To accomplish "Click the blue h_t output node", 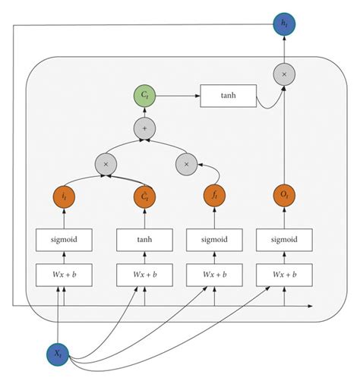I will pyautogui.click(x=285, y=25).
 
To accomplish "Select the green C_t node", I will pyautogui.click(x=144, y=97).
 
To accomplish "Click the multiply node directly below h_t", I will pyautogui.click(x=285, y=74).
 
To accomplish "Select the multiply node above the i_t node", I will pyautogui.click(x=106, y=162).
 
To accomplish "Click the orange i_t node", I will pyautogui.click(x=64, y=197).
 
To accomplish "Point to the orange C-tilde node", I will pyautogui.click(x=144, y=197).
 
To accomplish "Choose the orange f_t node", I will pyautogui.click(x=215, y=197).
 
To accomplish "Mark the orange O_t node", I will pyautogui.click(x=285, y=197).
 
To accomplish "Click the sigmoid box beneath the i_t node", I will pyautogui.click(x=64, y=241).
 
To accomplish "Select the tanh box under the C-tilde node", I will pyautogui.click(x=144, y=241).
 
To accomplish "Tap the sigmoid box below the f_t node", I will pyautogui.click(x=215, y=241).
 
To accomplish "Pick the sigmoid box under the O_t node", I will pyautogui.click(x=285, y=241).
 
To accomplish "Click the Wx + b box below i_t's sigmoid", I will pyautogui.click(x=64, y=274).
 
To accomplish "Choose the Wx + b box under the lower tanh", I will pyautogui.click(x=144, y=274).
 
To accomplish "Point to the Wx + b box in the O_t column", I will pyautogui.click(x=285, y=274).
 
